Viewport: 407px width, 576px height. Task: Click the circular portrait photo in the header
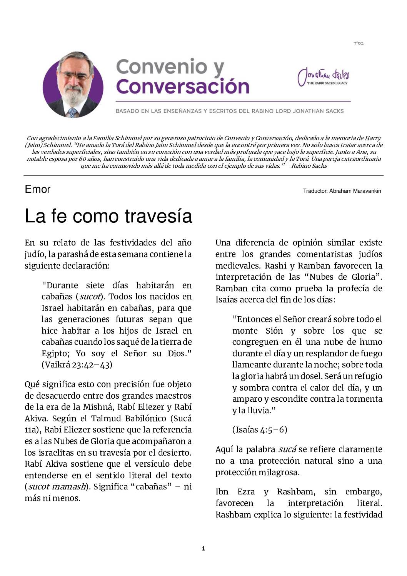(73, 85)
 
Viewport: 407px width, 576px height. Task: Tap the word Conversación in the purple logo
(182, 87)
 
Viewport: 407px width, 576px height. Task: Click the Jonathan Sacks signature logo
(324, 77)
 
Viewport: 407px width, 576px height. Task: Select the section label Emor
(37, 189)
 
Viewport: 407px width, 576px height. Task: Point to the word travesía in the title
(158, 216)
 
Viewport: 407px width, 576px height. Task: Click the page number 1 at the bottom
(203, 549)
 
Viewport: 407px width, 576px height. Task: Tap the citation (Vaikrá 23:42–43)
(77, 365)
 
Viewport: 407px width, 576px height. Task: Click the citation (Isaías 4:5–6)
(260, 430)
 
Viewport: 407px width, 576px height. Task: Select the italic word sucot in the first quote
(90, 297)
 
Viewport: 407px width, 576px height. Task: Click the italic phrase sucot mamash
(57, 487)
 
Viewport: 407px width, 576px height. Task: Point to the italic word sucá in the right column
(287, 449)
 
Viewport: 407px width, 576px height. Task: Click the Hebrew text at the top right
(359, 43)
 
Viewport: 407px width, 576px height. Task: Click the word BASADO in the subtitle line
(127, 111)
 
